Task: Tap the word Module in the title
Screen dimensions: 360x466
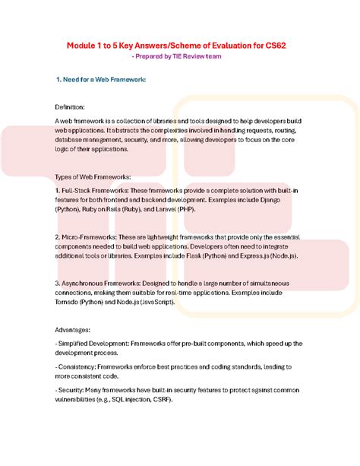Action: (x=83, y=46)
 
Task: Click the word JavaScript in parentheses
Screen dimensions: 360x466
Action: (x=156, y=303)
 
